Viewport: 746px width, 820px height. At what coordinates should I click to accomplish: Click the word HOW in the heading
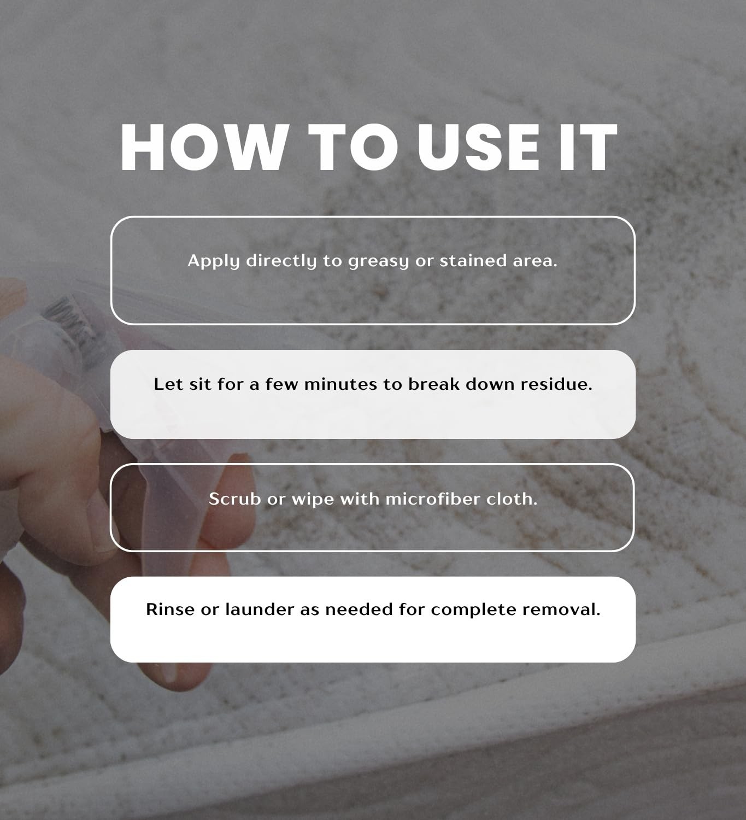[205, 147]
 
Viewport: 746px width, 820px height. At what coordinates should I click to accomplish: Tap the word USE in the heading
[478, 147]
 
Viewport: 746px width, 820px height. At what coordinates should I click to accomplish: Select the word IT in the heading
[588, 147]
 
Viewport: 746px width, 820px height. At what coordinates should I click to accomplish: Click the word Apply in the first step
[213, 261]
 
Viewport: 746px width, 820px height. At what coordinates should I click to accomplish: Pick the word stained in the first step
[473, 260]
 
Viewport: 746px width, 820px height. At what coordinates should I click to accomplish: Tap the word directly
[281, 261]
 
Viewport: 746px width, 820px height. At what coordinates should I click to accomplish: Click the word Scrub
[234, 499]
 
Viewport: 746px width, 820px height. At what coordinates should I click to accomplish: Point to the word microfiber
[432, 499]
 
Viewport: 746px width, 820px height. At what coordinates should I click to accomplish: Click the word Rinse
[170, 610]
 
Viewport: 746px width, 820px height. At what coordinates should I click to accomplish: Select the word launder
[260, 610]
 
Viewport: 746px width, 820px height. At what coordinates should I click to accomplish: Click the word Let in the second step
[168, 384]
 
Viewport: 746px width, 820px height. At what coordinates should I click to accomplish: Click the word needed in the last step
[359, 610]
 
